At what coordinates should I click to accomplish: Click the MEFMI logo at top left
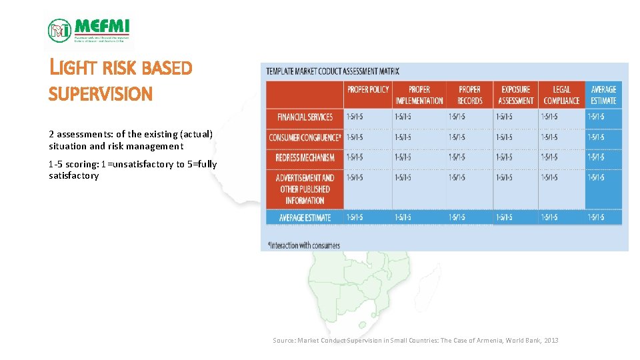click(89, 30)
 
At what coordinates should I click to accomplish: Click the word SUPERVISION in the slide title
click(101, 95)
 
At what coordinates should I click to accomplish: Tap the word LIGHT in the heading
click(74, 68)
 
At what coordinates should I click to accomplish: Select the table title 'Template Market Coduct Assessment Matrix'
click(333, 71)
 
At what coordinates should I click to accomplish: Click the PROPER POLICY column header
click(368, 89)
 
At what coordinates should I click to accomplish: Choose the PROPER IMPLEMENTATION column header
click(419, 95)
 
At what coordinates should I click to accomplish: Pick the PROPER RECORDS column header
click(469, 95)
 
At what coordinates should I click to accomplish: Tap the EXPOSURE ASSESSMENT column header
click(515, 95)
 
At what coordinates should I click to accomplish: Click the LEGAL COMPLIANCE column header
click(561, 95)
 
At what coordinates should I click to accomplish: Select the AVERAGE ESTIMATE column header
click(603, 95)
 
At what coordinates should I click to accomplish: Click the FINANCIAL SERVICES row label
click(305, 117)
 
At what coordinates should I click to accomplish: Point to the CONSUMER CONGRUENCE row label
click(305, 138)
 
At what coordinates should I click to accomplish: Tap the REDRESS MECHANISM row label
click(305, 158)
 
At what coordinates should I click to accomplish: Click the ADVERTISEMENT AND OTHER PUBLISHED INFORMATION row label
click(305, 189)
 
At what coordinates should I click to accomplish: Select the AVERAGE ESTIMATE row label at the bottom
click(305, 217)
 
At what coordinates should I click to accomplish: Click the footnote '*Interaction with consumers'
click(303, 245)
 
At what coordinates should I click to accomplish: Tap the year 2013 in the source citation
click(551, 341)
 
